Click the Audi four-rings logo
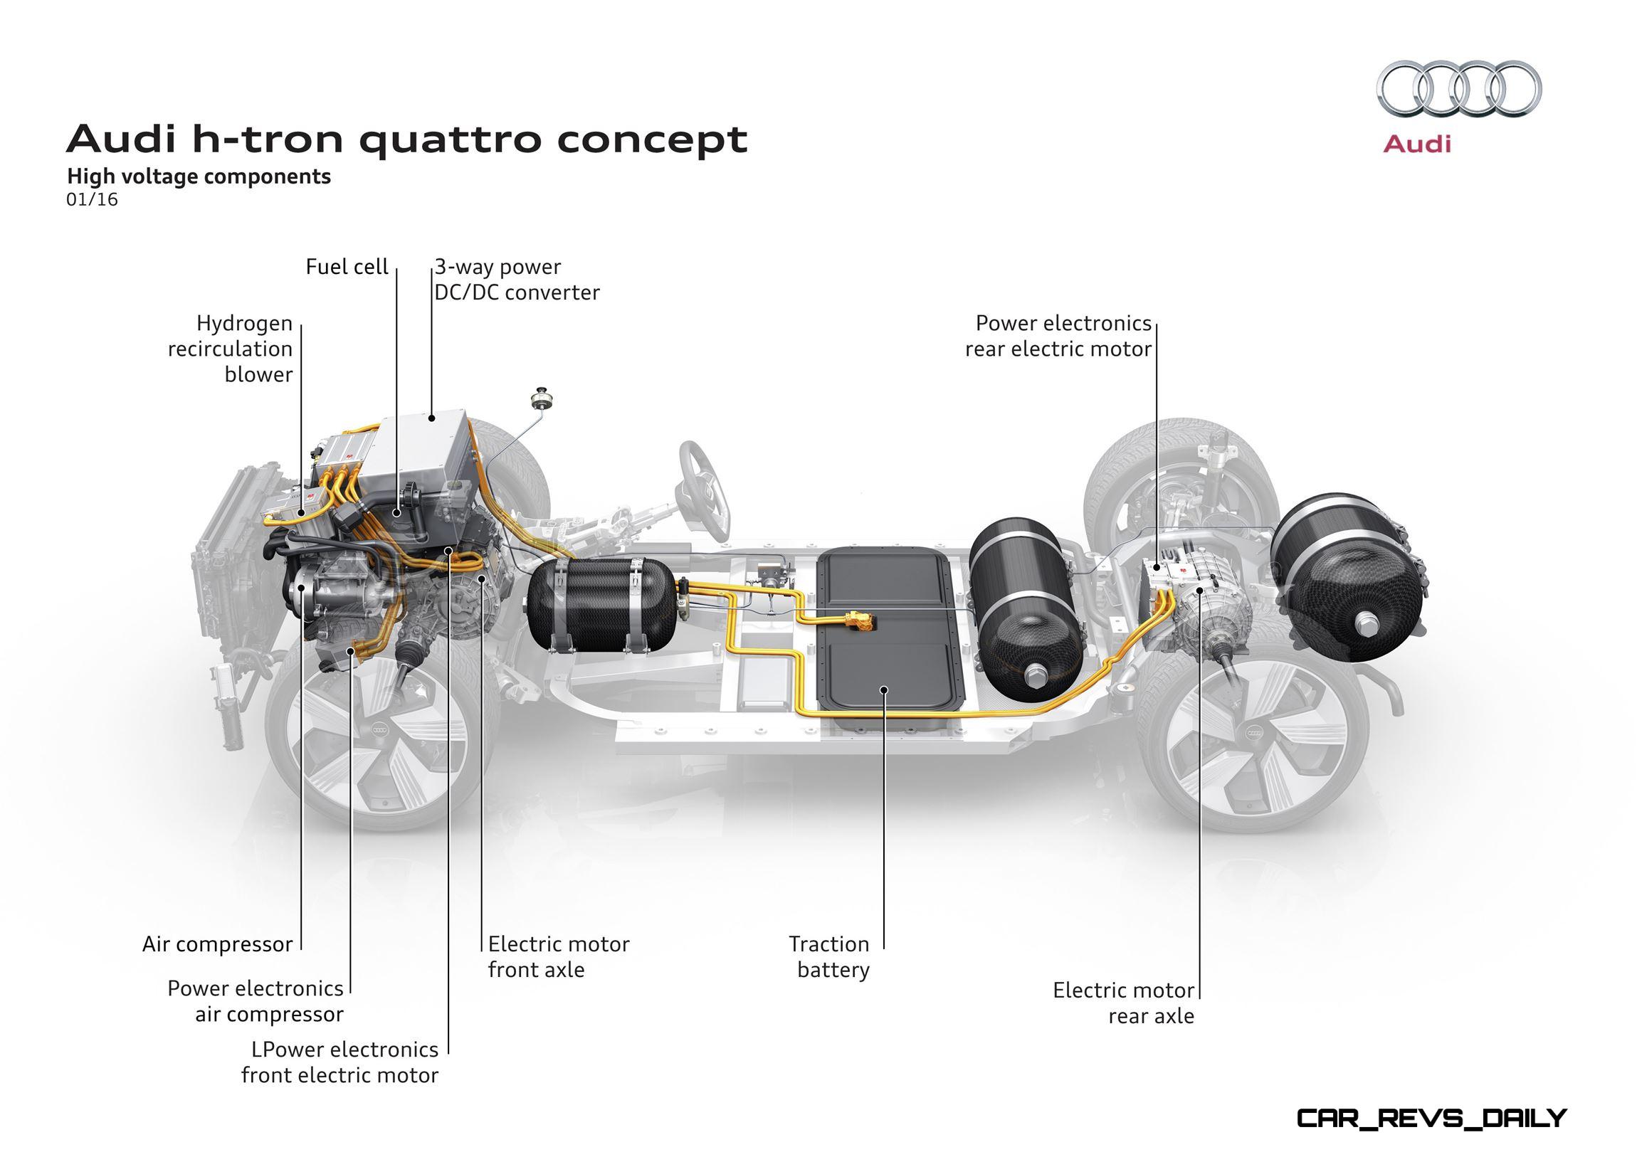click(x=1459, y=88)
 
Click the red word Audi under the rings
click(x=1416, y=144)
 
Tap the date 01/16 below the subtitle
click(x=92, y=200)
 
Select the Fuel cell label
click(x=347, y=267)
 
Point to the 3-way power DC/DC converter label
click(x=517, y=280)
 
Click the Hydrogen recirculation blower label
click(x=231, y=349)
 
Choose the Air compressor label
click(x=218, y=944)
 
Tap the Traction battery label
click(x=829, y=956)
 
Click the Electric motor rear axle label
click(x=1124, y=1003)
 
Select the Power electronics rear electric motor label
click(x=1059, y=336)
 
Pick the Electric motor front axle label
click(x=559, y=956)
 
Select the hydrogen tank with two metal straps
click(x=603, y=605)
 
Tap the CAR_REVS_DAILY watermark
click(x=1431, y=1118)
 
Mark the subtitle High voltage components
click(x=199, y=176)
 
